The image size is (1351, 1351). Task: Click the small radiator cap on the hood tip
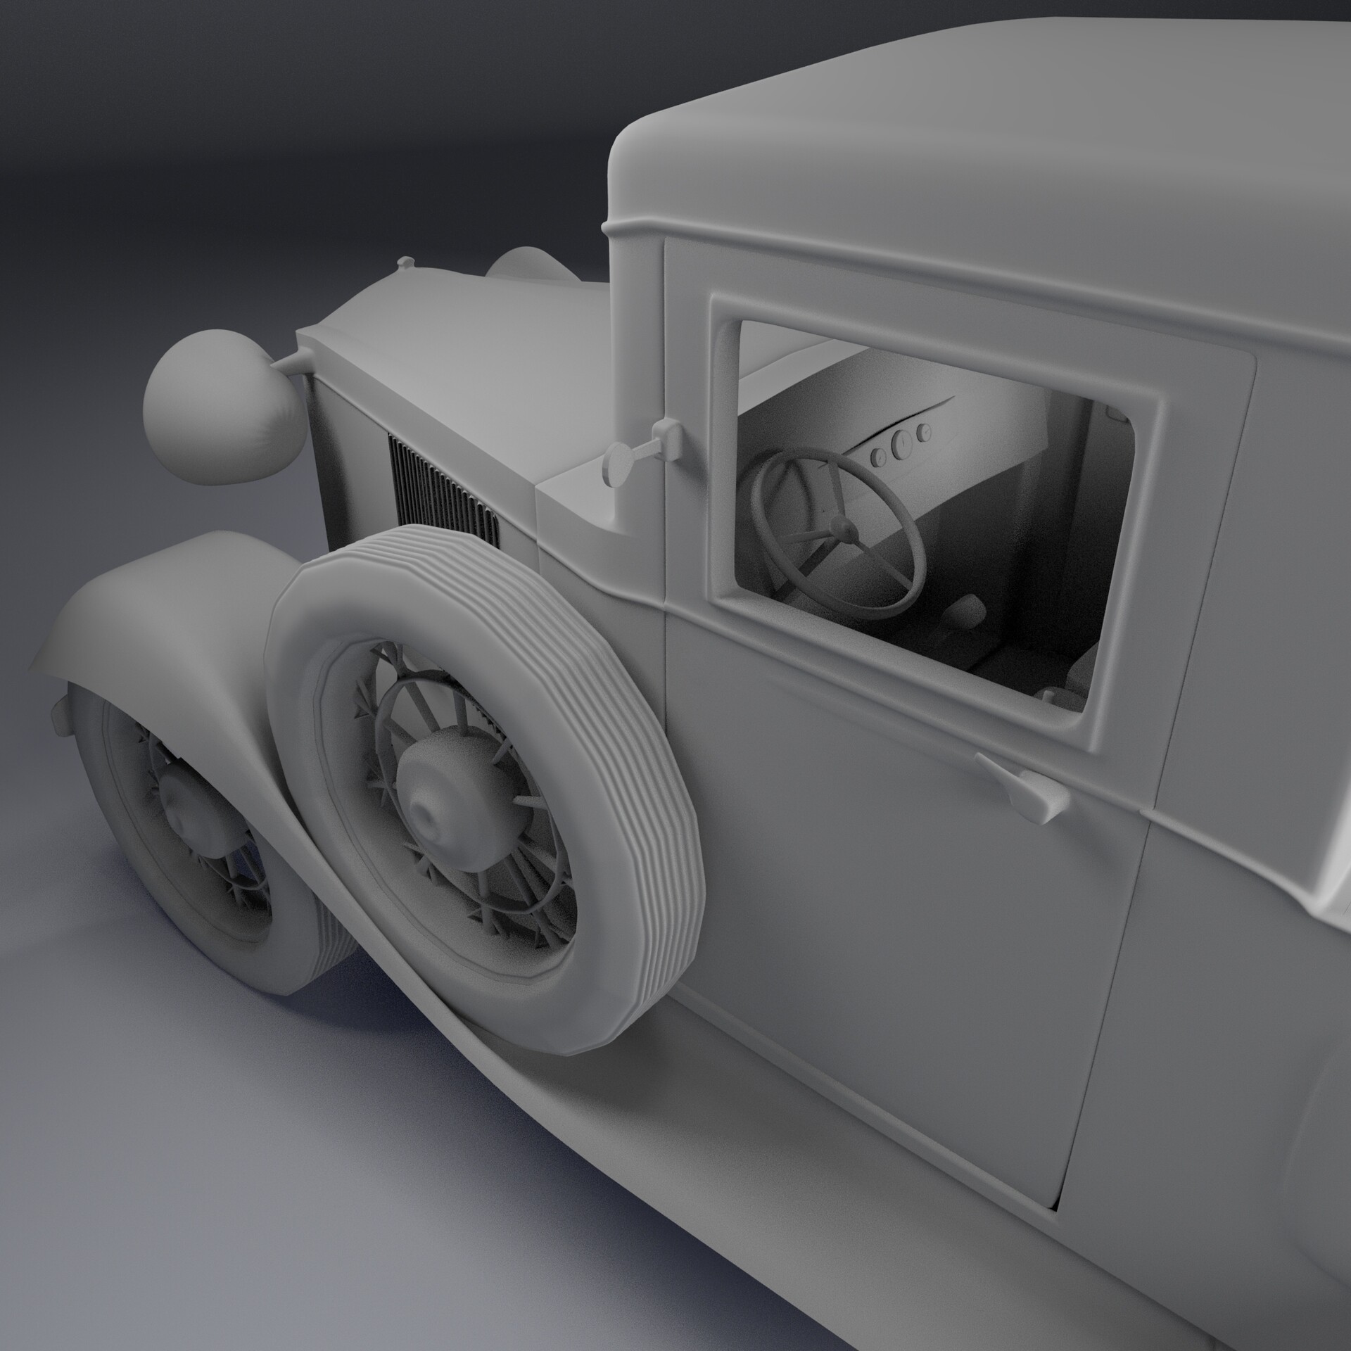tap(405, 262)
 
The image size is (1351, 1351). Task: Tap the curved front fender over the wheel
tap(176, 584)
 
